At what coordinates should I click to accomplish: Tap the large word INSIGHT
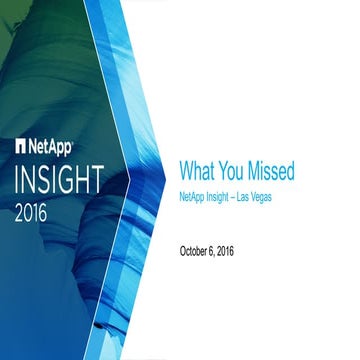pos(72,180)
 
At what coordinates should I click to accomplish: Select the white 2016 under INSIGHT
pos(36,213)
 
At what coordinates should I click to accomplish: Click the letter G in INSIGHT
pos(89,180)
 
